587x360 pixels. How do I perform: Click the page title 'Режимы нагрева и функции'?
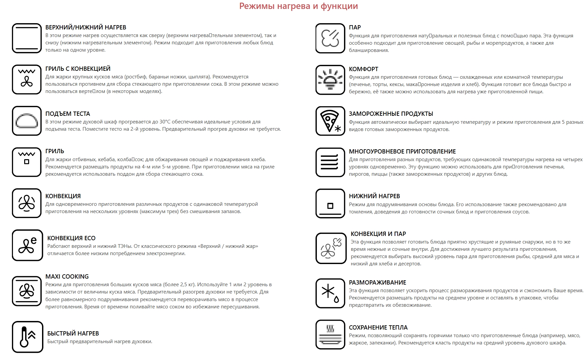[298, 6]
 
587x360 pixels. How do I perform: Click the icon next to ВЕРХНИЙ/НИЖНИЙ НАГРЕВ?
[27, 38]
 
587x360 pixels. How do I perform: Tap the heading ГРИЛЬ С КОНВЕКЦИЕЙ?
[78, 69]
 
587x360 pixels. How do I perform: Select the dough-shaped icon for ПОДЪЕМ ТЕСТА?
[27, 121]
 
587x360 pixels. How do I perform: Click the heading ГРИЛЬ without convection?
[55, 151]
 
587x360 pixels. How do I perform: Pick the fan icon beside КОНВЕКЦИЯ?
[27, 203]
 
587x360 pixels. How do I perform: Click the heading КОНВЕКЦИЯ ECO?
[71, 238]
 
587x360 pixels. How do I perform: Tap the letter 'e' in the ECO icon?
[33, 241]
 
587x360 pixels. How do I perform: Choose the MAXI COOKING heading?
[67, 277]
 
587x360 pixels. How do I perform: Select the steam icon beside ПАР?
[330, 38]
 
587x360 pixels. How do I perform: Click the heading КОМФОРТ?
[363, 69]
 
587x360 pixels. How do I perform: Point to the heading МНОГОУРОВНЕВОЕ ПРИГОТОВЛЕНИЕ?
[402, 152]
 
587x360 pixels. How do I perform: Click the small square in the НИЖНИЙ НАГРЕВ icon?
[330, 206]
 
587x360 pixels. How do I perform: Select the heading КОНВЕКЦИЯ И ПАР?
[378, 234]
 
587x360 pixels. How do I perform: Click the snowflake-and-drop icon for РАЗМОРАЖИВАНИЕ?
[330, 293]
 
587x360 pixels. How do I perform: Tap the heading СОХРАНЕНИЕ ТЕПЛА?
[378, 328]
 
